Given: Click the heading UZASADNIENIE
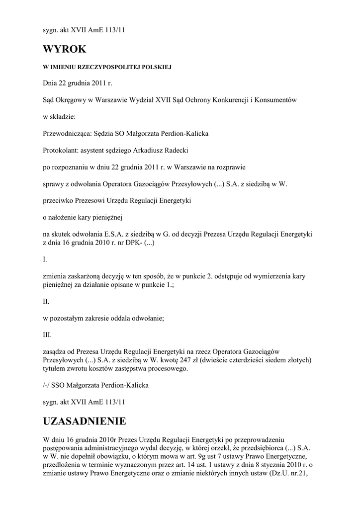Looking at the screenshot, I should coord(85,422).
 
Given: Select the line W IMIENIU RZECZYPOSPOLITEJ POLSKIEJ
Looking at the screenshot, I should coord(107,67).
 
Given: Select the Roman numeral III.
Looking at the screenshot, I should coord(48,335).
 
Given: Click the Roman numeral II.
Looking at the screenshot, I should coord(46,301).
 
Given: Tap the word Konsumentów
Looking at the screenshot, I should coord(275,100).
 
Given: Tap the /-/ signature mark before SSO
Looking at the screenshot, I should coord(47,385).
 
